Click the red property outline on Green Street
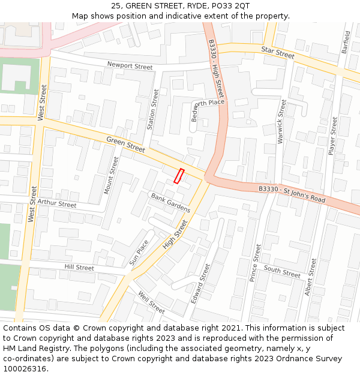[x=178, y=176]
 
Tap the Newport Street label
[x=130, y=66]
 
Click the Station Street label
[x=152, y=110]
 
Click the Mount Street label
[x=112, y=175]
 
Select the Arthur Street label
[x=57, y=203]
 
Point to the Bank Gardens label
[x=170, y=203]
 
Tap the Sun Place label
[x=139, y=253]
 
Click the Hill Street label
[x=79, y=267]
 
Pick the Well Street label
[x=151, y=302]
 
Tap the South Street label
[x=282, y=272]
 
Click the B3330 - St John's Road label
[x=292, y=194]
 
